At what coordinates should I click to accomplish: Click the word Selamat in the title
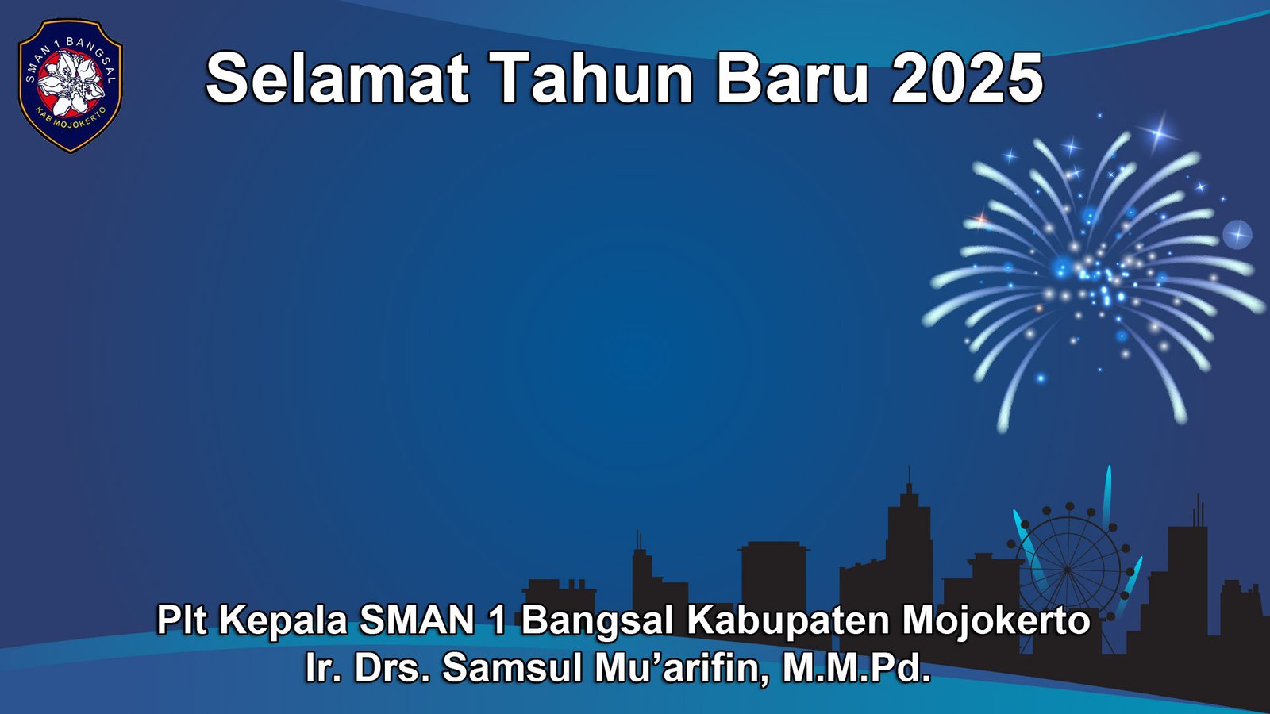[x=337, y=78]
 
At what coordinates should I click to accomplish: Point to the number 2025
[x=967, y=78]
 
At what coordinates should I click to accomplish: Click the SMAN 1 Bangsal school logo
[x=70, y=85]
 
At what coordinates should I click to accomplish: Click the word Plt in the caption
[x=182, y=620]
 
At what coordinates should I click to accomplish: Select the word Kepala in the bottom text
[x=283, y=620]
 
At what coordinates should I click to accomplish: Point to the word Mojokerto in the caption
[x=996, y=620]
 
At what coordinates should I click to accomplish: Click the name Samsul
[x=512, y=667]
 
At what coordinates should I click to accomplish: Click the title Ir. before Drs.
[x=322, y=667]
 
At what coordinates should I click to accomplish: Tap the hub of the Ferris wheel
[x=1068, y=569]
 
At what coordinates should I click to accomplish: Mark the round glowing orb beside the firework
[x=1237, y=235]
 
